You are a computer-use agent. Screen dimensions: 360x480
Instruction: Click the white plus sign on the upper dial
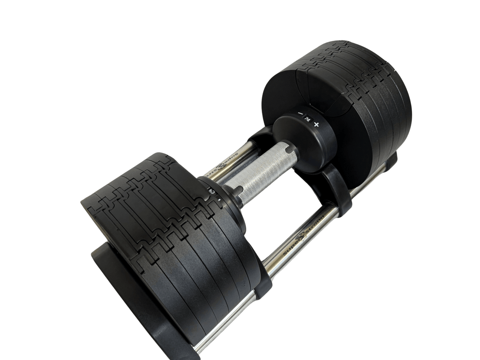coord(316,125)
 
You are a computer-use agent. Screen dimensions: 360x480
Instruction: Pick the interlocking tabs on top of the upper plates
coord(356,71)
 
